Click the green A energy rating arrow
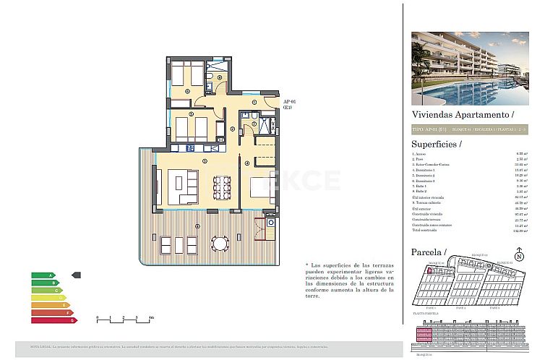coord(43,275)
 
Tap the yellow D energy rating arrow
coord(48,297)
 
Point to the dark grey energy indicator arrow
coord(77,275)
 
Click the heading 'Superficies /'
coord(436,144)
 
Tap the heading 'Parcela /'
coord(429,252)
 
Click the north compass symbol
coord(519,256)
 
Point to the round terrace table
coord(219,242)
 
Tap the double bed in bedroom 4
coord(260,187)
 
